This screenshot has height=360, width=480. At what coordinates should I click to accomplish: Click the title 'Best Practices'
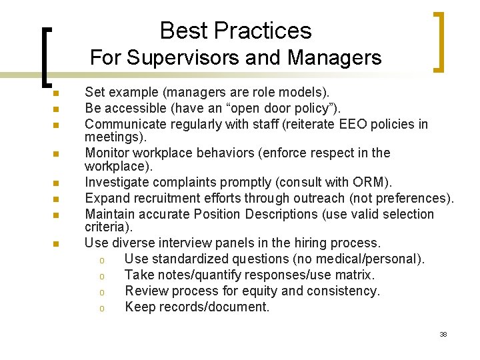pos(235,31)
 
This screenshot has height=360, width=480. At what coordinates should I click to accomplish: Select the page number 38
pos(443,334)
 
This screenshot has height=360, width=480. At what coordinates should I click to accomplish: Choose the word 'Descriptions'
pos(285,214)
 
